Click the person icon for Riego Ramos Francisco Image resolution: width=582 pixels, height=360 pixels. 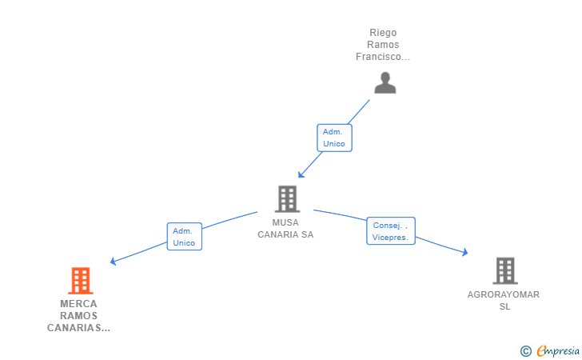point(385,83)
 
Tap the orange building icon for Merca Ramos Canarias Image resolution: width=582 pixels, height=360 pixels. point(81,281)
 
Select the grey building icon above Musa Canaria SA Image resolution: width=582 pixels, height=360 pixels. point(287,198)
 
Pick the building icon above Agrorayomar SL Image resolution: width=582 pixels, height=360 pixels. point(505,270)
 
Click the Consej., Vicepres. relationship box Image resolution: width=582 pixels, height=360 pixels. point(391,231)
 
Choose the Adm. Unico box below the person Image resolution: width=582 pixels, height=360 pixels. point(334,138)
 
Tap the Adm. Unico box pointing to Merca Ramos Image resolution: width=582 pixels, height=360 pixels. point(185,237)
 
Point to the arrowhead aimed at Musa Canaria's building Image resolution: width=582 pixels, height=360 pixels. point(301,174)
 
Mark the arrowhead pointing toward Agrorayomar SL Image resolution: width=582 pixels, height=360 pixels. point(464,252)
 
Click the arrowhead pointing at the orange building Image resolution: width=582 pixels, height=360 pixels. point(114,261)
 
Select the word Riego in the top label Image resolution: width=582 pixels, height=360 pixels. point(383,33)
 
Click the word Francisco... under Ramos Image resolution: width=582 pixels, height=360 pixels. point(383,57)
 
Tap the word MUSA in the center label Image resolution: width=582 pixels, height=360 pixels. point(285,222)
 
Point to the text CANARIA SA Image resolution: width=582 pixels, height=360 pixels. point(285,234)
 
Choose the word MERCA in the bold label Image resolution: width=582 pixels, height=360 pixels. point(78,303)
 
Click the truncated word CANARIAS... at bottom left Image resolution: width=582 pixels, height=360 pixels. point(78,328)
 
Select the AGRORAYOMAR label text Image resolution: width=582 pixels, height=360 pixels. point(504,294)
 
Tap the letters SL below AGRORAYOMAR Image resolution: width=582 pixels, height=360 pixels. point(504,306)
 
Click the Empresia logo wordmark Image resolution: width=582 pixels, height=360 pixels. point(558,350)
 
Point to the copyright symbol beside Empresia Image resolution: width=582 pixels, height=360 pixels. point(525,351)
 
